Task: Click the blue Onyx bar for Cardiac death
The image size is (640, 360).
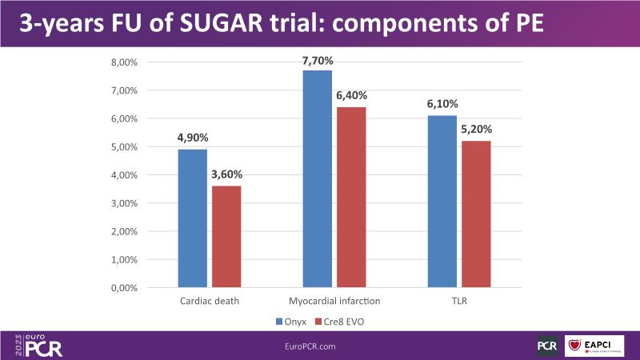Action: [x=193, y=218]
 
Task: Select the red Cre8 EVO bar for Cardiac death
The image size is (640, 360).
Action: [x=226, y=237]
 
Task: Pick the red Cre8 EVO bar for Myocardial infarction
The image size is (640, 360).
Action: [x=351, y=198]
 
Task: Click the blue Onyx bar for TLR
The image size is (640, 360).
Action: [x=442, y=202]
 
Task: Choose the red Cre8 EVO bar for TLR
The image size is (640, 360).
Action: [x=476, y=214]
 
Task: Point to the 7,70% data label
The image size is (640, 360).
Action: [x=318, y=60]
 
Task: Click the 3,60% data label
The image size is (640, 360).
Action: [x=226, y=175]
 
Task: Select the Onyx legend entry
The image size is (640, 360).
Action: [x=290, y=321]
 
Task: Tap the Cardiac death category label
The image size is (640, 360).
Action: [x=210, y=301]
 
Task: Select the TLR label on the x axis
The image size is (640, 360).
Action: [x=459, y=301]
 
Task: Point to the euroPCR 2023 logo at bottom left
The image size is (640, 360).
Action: [x=38, y=345]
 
